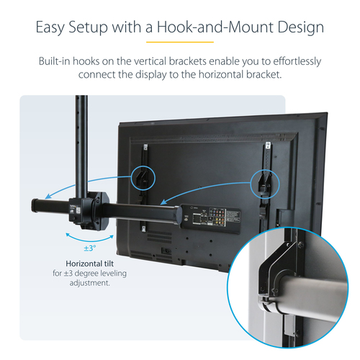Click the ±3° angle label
90,248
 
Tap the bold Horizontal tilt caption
91,264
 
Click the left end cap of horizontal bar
35,206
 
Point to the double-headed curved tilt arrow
90,235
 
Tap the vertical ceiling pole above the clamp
76,144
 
